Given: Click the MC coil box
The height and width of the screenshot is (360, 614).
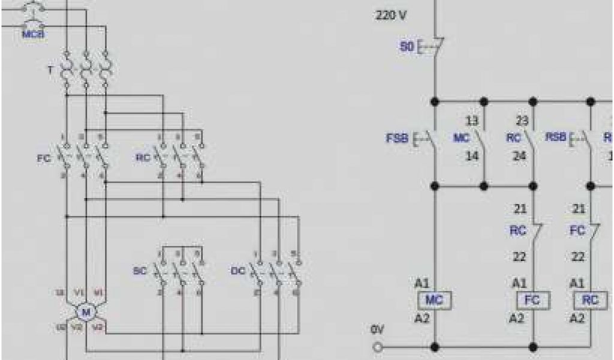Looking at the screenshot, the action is point(433,300).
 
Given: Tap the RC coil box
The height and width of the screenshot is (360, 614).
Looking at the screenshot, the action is point(590,300).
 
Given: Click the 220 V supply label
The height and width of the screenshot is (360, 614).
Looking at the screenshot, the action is point(391,15).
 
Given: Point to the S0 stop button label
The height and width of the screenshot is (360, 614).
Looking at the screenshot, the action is point(407,46).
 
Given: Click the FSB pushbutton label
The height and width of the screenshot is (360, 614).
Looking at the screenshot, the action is point(396,139).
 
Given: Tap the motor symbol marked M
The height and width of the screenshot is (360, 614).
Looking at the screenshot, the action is point(86,311).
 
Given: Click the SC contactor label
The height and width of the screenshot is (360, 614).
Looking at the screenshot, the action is point(139,271).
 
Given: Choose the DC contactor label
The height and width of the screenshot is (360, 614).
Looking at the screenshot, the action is point(238,271).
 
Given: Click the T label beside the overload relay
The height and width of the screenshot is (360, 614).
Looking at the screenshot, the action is point(50,70).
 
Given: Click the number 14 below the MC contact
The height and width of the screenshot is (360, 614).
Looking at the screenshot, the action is point(472,156).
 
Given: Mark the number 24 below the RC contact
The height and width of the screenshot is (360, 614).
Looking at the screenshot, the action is point(519,156).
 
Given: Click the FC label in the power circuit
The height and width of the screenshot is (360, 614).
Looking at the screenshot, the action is point(44,160).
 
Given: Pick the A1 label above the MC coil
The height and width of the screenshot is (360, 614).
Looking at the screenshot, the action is point(422,282).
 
